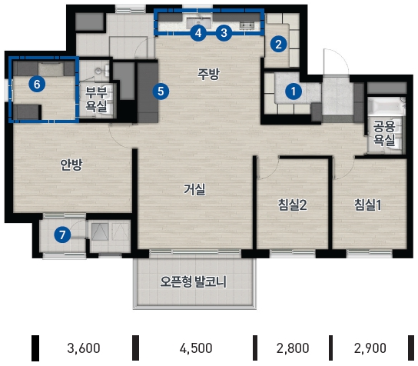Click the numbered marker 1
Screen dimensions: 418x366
[294, 91]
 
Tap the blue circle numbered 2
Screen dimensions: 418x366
[279, 44]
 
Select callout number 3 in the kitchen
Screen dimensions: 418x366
[224, 33]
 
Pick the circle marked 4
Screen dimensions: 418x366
[198, 33]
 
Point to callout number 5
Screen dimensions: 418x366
[161, 91]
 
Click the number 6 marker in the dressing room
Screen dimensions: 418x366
[37, 85]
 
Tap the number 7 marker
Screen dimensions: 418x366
[62, 235]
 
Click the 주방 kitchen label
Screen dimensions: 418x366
[208, 74]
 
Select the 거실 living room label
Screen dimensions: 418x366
[194, 190]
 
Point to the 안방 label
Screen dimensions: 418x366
[71, 165]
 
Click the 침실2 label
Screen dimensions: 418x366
[292, 205]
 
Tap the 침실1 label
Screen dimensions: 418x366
[368, 205]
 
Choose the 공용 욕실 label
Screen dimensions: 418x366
[384, 133]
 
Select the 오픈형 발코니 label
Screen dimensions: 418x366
[194, 281]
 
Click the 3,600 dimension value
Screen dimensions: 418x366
[84, 348]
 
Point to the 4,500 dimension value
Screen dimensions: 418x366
[196, 348]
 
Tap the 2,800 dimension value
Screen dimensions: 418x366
[293, 348]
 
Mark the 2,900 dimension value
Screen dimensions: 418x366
[370, 348]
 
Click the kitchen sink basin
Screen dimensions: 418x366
[198, 22]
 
